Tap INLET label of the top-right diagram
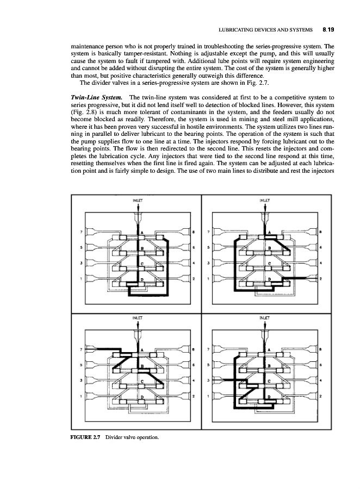point(264,200)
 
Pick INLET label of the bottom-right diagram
point(264,314)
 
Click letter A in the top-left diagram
point(142,234)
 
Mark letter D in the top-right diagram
point(268,278)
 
